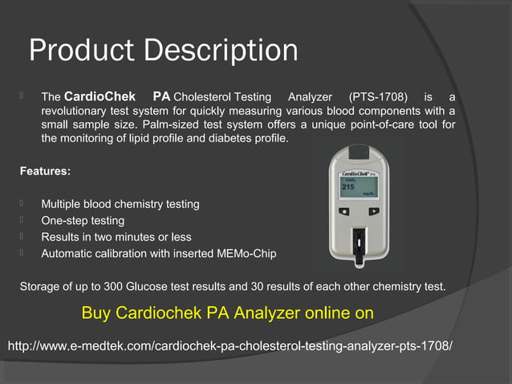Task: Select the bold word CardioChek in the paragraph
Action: pyautogui.click(x=99, y=96)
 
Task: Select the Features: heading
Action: pyautogui.click(x=44, y=171)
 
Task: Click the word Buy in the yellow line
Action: pyautogui.click(x=96, y=313)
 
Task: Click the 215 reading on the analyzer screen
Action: pyautogui.click(x=349, y=186)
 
